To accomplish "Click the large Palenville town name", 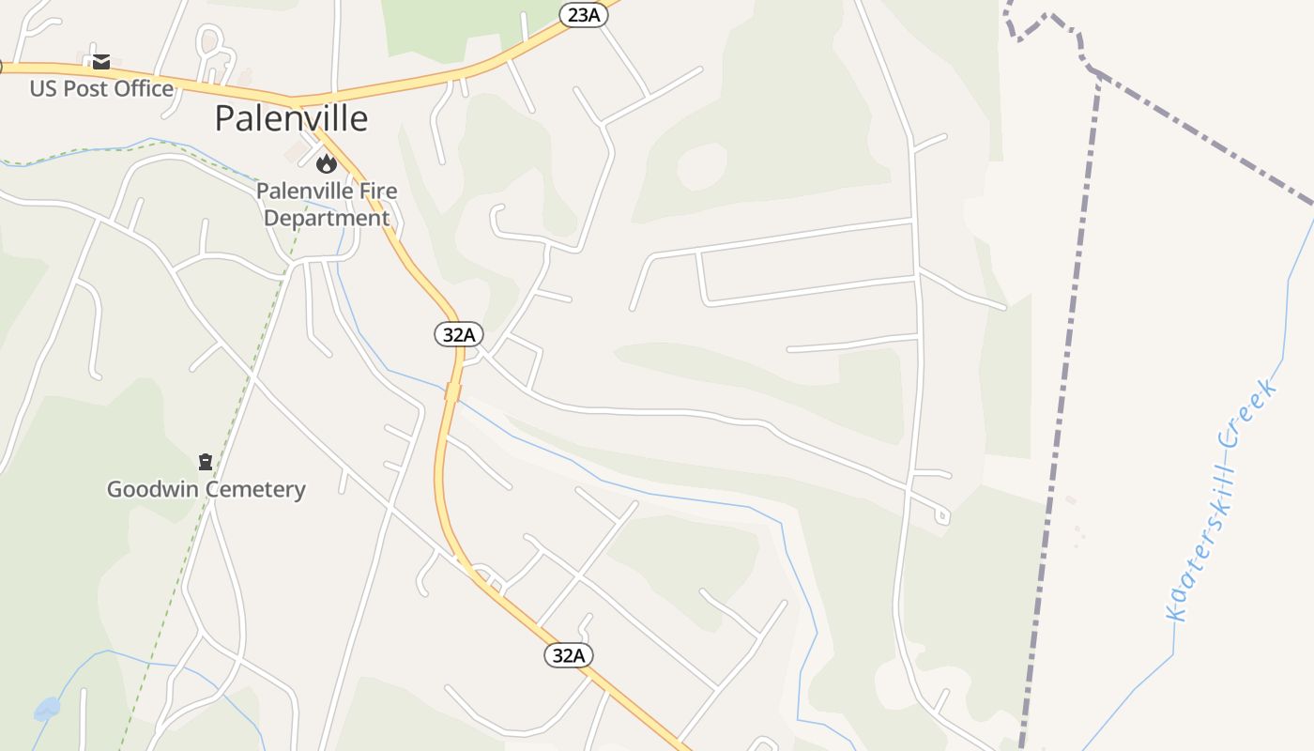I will [x=291, y=118].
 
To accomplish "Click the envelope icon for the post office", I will [x=101, y=63].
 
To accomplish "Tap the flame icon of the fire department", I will [x=326, y=164].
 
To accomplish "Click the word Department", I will [x=326, y=218].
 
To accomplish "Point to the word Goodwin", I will [x=152, y=489].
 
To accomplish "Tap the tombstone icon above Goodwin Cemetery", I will [x=206, y=462].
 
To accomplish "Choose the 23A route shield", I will [x=584, y=14].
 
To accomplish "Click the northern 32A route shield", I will [x=459, y=333].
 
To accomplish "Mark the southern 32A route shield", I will [x=569, y=655].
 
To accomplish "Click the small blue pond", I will [x=47, y=708].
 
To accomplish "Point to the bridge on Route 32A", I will [x=452, y=392].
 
